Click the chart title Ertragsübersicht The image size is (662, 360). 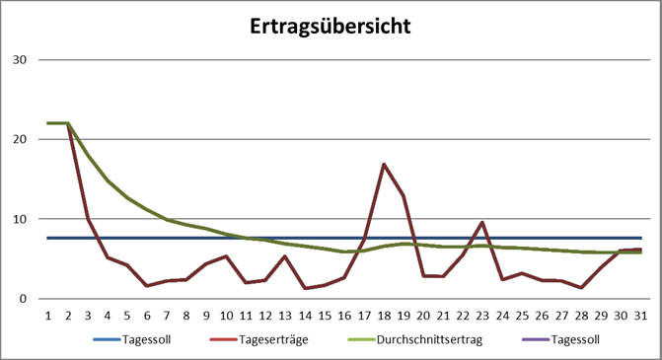(x=331, y=26)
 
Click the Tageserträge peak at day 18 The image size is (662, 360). (x=385, y=164)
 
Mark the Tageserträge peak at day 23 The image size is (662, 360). (x=483, y=222)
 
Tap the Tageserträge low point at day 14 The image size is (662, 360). (x=305, y=288)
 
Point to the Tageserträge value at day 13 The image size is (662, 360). (x=285, y=256)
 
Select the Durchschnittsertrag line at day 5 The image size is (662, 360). (x=126, y=197)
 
